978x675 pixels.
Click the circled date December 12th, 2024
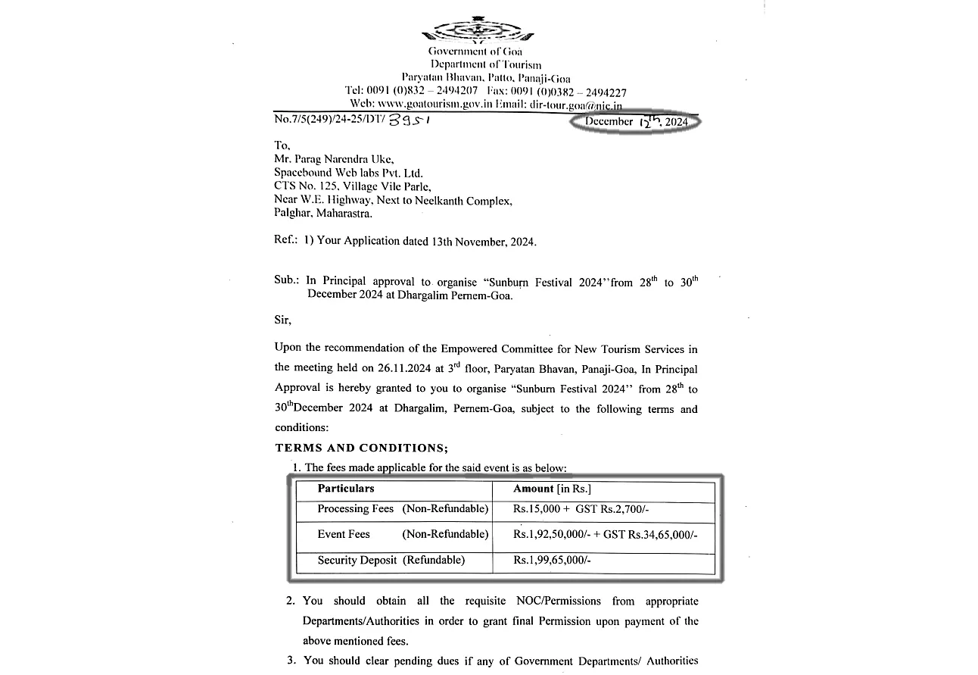click(636, 121)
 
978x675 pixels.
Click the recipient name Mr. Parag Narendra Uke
click(325, 160)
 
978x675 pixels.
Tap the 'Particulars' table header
click(346, 489)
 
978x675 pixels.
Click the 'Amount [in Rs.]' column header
click(552, 489)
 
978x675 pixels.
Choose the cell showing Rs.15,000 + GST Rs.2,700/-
click(581, 510)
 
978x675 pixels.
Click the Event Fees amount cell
click(605, 535)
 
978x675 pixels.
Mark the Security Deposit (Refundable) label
click(391, 561)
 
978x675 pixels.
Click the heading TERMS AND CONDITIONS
click(361, 448)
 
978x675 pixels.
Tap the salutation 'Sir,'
click(282, 320)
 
